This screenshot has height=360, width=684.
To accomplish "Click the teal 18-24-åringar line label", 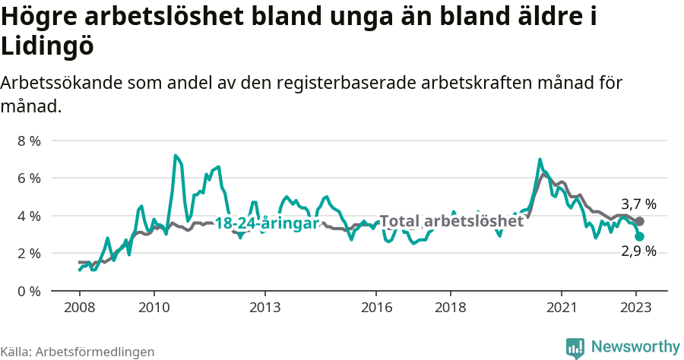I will click(266, 224).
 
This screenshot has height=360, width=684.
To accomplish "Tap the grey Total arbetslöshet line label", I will click(451, 221).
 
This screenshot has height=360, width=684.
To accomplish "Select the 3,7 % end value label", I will click(638, 204).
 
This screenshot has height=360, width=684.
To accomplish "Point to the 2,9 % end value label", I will click(638, 251).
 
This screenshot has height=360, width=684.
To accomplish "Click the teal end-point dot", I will click(640, 237).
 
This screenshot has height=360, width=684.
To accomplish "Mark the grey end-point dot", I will click(640, 221).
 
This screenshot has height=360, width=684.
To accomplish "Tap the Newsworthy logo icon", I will click(575, 347).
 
